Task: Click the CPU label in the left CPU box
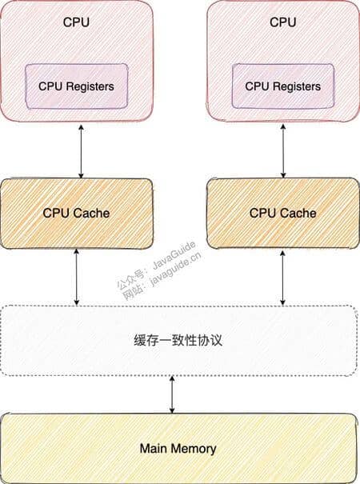point(76,22)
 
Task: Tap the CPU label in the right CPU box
point(283,22)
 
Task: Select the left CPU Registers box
point(76,86)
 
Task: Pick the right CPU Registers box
point(283,86)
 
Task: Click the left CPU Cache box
point(76,214)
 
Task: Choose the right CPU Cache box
point(283,213)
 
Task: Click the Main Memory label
point(178,449)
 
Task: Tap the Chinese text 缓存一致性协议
point(178,341)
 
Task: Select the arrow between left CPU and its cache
point(81,151)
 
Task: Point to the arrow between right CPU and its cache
point(283,151)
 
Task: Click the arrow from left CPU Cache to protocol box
point(77,277)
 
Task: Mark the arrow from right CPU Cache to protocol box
point(282,278)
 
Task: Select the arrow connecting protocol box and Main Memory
point(172,394)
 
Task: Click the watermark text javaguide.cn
point(176,268)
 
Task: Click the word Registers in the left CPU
point(90,86)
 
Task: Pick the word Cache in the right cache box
point(298,213)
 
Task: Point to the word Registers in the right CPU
point(296,86)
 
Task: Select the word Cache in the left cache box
point(91,214)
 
